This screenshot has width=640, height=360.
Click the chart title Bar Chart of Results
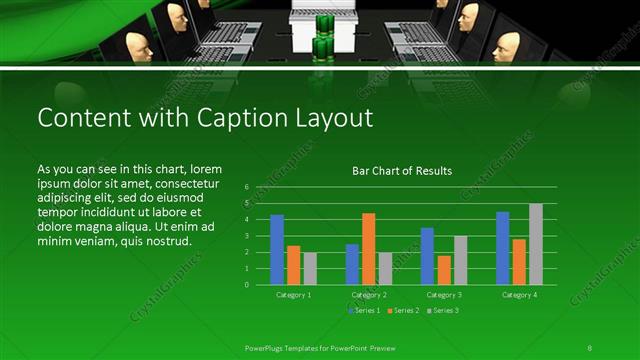point(402,171)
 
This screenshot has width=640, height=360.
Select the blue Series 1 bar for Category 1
point(277,249)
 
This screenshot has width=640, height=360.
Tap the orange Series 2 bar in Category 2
point(368,248)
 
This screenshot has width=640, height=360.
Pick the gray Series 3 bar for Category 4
point(536,244)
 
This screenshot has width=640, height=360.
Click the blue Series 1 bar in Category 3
point(427,256)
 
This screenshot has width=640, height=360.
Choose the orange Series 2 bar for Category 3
point(443,269)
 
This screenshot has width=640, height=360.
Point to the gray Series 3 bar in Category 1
point(310,268)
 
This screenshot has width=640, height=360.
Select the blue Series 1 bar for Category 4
point(503,248)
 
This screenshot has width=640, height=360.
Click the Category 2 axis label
point(368,295)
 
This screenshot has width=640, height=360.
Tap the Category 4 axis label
point(519,295)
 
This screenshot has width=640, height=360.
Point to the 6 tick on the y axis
point(246,187)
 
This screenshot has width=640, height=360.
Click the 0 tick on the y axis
point(246,284)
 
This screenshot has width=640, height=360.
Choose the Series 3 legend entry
point(443,311)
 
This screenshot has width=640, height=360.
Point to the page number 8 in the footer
point(590,346)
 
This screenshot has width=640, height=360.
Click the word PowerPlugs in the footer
point(266,346)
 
